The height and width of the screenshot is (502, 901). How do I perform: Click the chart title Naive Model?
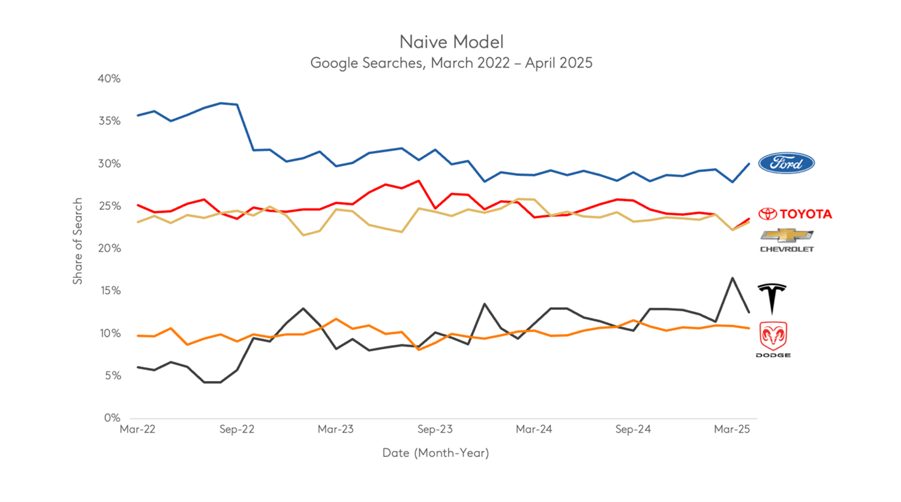click(451, 42)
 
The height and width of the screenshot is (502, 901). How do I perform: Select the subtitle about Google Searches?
click(451, 63)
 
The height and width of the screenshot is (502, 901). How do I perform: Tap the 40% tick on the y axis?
click(109, 79)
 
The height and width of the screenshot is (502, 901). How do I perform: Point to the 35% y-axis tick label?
click(109, 122)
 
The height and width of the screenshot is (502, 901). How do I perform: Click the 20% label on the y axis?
click(109, 249)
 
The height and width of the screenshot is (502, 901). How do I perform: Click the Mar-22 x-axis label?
click(137, 429)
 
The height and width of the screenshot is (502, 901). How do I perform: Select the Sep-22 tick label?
click(237, 429)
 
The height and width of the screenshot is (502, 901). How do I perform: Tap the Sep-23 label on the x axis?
click(435, 429)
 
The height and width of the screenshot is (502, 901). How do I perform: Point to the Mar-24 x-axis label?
click(534, 429)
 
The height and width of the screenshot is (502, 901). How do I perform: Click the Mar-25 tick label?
click(732, 429)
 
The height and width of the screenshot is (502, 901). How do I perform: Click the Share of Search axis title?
click(78, 241)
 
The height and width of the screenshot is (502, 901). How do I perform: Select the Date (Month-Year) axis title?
click(436, 452)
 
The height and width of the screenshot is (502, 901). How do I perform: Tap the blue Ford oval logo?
click(786, 163)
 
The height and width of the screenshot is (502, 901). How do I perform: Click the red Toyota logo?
click(795, 214)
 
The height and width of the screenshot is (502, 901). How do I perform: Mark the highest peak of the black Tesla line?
click(732, 278)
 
